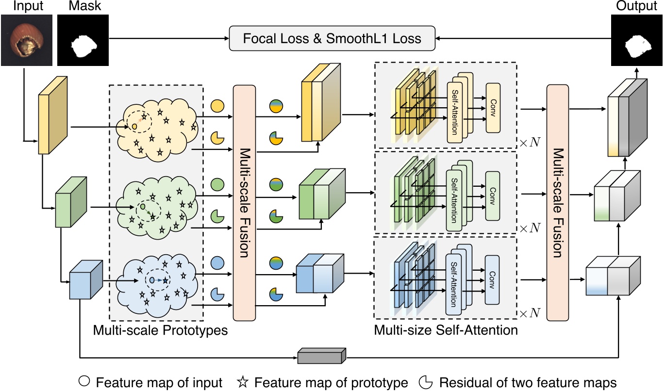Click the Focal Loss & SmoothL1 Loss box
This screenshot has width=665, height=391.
pyautogui.click(x=332, y=38)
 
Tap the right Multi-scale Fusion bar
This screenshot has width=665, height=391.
pyautogui.click(x=558, y=202)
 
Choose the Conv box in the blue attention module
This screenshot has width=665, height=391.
pyautogui.click(x=492, y=280)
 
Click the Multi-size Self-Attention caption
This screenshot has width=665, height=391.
pyautogui.click(x=446, y=331)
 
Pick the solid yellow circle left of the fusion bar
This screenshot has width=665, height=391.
pyautogui.click(x=217, y=105)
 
